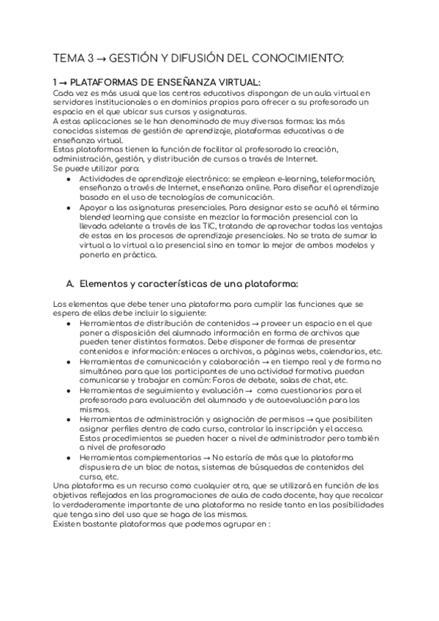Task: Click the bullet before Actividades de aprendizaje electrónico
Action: click(x=68, y=178)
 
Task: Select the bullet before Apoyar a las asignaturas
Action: click(x=68, y=207)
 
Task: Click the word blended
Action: click(x=96, y=217)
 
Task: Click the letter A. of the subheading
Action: click(x=71, y=283)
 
